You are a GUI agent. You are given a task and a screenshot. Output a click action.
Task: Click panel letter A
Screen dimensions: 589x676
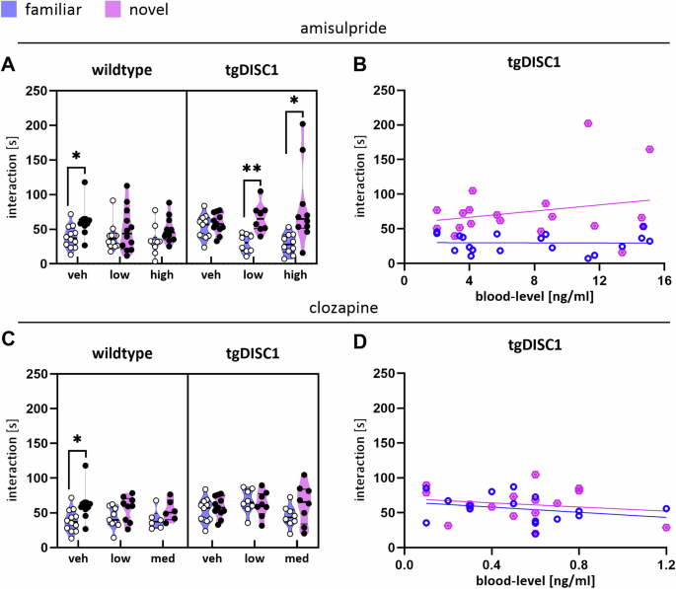[9, 65]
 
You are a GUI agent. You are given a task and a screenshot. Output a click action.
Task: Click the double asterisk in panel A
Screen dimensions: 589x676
[252, 169]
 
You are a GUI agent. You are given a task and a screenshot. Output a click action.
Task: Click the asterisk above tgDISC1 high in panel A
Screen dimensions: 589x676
[294, 100]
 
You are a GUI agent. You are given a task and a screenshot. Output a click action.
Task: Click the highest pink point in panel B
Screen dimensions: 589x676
[588, 123]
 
